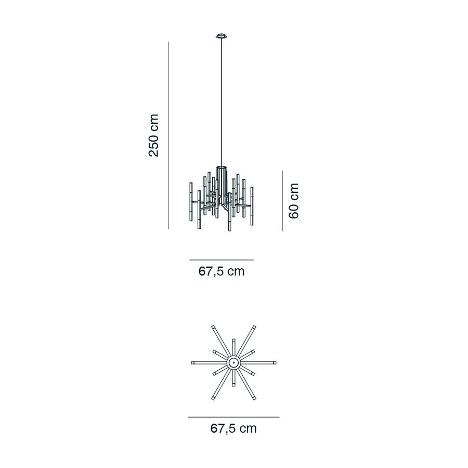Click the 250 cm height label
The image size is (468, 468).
154,135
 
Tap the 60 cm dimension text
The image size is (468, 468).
294,201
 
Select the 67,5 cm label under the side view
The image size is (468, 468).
222,271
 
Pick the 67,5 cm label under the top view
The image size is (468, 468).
233,428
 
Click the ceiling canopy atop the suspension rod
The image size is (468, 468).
222,36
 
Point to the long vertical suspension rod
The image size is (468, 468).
222,101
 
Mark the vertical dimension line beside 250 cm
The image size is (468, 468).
168,135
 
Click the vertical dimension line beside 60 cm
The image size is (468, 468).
282,201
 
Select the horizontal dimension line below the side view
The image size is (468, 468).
222,260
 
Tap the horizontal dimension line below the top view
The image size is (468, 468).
233,417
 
